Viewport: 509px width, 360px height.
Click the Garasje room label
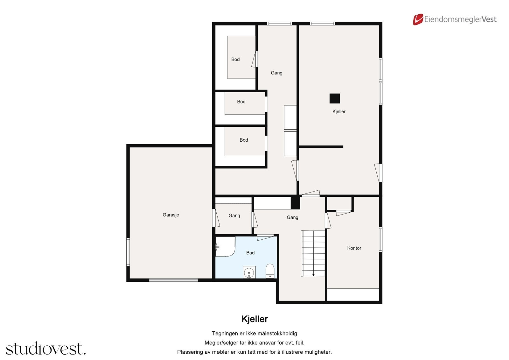click(x=171, y=215)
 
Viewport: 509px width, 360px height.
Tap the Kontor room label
click(x=354, y=248)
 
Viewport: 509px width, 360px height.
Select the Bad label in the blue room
click(x=250, y=253)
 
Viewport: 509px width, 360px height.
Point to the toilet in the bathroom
click(x=270, y=271)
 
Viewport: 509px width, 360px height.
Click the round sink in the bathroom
click(x=249, y=272)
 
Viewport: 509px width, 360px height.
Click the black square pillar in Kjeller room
click(x=335, y=98)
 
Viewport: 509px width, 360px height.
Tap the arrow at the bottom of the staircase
click(x=313, y=274)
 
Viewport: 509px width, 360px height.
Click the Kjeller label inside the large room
click(x=339, y=111)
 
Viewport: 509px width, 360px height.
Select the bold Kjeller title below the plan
click(x=255, y=319)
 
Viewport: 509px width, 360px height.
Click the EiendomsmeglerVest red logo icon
click(x=418, y=19)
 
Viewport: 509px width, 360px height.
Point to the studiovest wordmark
click(x=46, y=349)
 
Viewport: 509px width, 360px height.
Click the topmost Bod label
click(x=235, y=59)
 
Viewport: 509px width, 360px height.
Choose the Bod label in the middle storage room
click(x=241, y=102)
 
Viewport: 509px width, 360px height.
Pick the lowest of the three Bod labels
click(x=244, y=140)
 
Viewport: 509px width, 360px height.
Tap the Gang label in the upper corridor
click(x=276, y=73)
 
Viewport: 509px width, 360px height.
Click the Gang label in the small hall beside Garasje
click(x=234, y=215)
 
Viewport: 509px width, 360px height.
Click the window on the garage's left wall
click(x=128, y=252)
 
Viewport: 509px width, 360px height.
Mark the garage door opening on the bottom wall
click(x=173, y=280)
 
